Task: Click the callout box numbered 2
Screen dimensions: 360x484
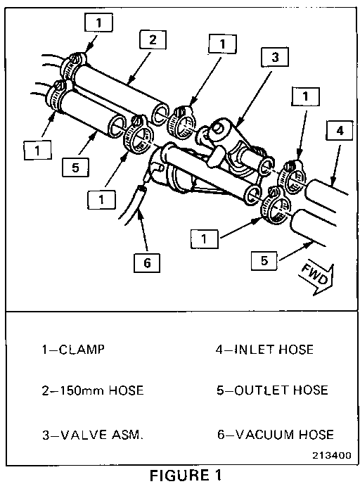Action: (153, 39)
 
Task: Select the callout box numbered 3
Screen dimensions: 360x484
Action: (275, 57)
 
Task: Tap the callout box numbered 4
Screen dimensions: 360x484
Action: (340, 131)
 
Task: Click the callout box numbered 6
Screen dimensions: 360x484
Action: (147, 262)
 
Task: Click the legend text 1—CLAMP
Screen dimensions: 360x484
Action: (73, 350)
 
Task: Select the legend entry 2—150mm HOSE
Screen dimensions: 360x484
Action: (93, 390)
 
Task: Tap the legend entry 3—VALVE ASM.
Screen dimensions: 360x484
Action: (93, 435)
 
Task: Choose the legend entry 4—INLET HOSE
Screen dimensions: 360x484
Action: (264, 350)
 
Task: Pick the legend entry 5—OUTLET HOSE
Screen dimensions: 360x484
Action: (272, 390)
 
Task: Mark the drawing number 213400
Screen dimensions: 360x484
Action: (332, 455)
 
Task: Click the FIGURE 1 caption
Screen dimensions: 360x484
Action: (186, 475)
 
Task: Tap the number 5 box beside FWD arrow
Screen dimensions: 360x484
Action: (264, 261)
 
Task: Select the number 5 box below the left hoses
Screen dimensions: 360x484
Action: (75, 167)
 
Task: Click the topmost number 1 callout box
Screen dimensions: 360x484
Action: (98, 23)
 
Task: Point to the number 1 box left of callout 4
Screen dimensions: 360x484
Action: (305, 96)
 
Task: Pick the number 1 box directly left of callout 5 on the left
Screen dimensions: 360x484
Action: (38, 151)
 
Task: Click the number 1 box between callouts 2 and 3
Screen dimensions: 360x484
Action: (222, 44)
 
